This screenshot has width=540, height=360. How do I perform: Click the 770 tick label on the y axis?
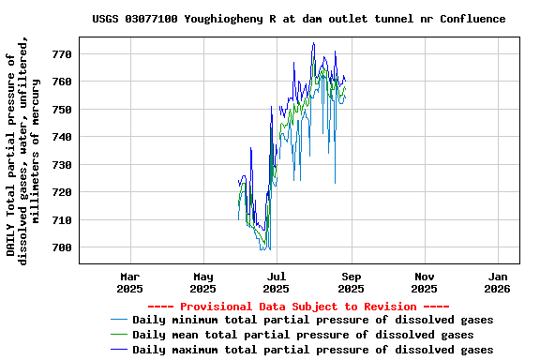point(62,54)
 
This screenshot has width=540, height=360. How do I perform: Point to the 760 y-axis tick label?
point(62,82)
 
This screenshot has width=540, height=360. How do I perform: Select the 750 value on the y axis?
point(62,110)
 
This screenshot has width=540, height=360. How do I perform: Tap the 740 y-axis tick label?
point(62,137)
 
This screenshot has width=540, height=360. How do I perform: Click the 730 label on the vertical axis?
point(62,165)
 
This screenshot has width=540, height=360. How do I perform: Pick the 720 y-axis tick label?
point(62,192)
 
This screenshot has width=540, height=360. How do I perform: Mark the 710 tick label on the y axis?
point(62,220)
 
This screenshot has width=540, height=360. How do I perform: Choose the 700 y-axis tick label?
point(62,247)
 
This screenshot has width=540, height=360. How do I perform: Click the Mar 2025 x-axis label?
point(130,282)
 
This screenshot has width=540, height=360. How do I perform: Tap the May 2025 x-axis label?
point(203,282)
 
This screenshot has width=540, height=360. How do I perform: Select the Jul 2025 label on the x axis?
point(277,282)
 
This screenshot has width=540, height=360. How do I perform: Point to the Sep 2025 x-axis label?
point(351,282)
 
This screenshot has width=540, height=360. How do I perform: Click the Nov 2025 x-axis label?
point(425,282)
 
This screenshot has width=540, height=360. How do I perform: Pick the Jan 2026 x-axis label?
point(499,282)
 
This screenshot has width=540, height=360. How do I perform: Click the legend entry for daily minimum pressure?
point(312,320)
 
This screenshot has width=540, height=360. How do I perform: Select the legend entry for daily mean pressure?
point(303,335)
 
